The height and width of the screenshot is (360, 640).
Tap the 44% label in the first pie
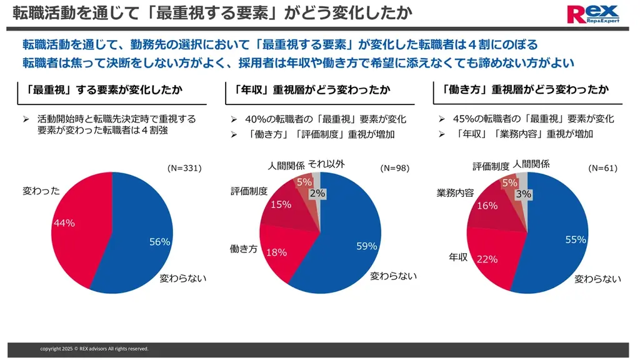64,223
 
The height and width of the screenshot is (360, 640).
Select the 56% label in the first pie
159,242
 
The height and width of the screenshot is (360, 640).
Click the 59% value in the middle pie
366,246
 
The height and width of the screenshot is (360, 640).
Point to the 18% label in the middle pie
276,252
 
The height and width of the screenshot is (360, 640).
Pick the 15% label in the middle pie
281,204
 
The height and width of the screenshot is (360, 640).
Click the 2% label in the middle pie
317,194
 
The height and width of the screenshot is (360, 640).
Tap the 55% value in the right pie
575,239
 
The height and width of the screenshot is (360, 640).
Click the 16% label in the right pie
487,206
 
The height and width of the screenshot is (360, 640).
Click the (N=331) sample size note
185,168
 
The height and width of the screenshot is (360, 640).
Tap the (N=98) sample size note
394,168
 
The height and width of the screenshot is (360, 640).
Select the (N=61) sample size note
602,168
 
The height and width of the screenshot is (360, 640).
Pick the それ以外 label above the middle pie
326,164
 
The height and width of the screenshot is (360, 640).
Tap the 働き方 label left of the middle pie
244,249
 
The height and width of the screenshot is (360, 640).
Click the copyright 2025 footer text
94,349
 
